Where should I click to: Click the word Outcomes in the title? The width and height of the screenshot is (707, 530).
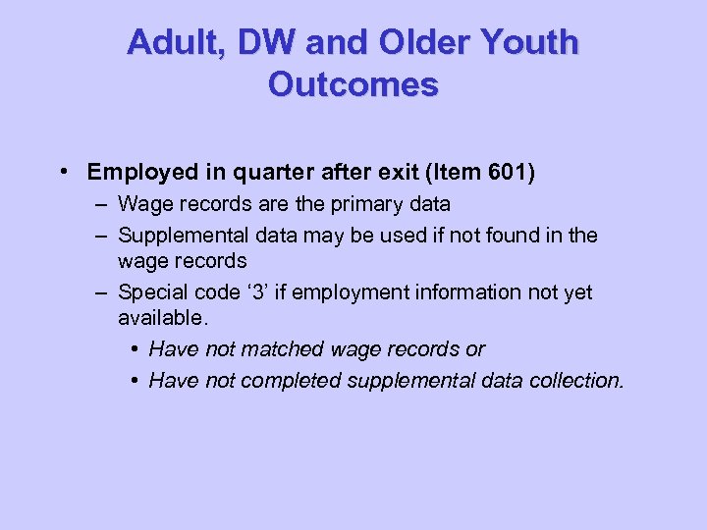[353, 84]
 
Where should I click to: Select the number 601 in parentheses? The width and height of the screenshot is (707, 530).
[507, 173]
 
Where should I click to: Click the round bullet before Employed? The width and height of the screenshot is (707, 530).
[63, 173]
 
